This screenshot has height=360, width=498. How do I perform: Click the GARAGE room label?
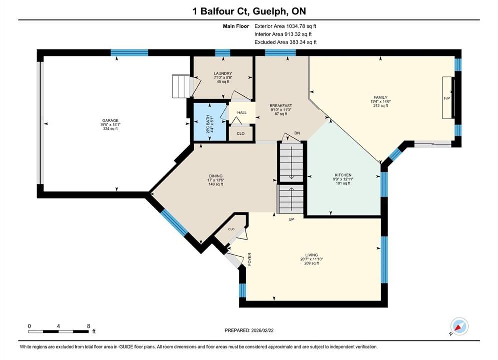point(110,120)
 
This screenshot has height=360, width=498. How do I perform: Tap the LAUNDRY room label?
point(223,73)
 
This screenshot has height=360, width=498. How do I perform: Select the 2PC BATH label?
point(208,124)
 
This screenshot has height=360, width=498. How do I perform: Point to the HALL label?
point(242,113)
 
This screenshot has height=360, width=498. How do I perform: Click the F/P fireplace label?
point(447,98)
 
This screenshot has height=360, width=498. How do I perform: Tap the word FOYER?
point(250,259)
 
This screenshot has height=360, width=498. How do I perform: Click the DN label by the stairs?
point(297,133)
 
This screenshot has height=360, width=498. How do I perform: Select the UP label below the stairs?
point(291,219)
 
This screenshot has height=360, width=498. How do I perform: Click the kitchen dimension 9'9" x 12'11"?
point(343,179)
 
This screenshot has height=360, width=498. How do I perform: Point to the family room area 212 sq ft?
point(381,106)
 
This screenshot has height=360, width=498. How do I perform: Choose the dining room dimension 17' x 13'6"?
point(216,180)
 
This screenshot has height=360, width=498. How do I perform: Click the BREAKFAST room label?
point(281,106)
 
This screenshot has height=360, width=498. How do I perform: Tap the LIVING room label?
point(312,255)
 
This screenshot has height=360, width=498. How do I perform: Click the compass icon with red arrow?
point(459,326)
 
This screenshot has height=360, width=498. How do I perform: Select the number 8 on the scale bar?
point(88,326)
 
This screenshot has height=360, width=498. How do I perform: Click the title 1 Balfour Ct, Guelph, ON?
point(249,11)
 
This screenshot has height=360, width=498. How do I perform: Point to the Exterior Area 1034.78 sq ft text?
point(285,26)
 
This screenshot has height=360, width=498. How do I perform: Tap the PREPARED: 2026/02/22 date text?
point(249,330)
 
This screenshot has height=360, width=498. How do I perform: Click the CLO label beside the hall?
point(241,134)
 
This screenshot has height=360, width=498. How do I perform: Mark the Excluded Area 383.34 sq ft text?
point(285,42)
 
